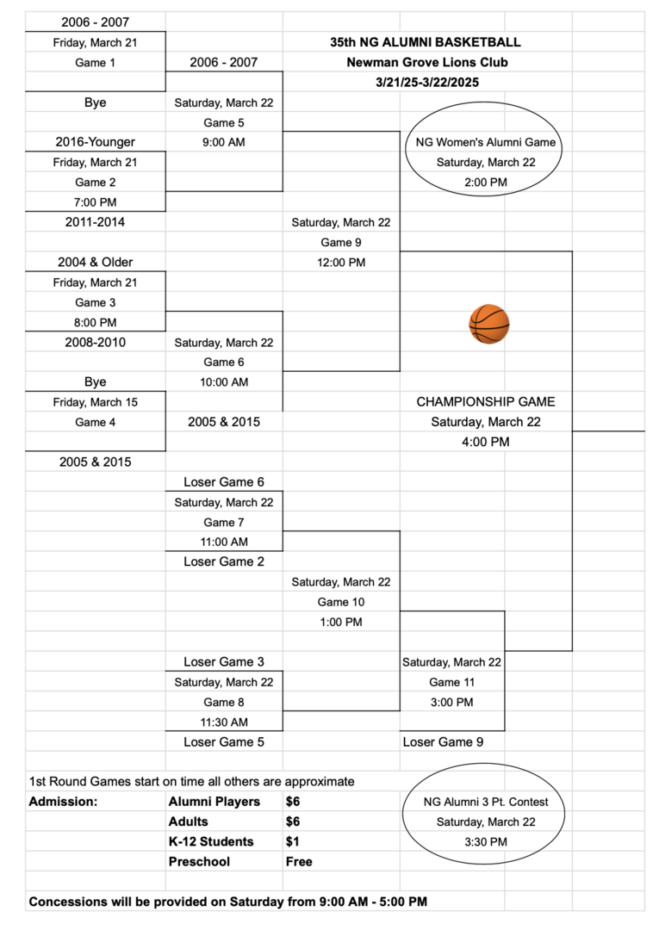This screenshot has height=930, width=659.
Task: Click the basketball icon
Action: [488, 324]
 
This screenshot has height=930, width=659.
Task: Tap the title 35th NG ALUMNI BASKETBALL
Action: [426, 42]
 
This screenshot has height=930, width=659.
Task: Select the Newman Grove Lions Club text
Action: [427, 62]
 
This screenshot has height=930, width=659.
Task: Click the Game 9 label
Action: [341, 242]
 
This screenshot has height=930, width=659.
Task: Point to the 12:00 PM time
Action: [341, 262]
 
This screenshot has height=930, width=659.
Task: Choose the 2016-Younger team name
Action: [95, 142]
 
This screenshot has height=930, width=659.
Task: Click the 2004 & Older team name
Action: [95, 262]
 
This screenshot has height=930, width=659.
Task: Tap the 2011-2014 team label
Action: [95, 222]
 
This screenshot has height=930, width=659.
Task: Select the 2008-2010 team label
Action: [95, 342]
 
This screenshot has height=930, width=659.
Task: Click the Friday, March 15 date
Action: [95, 402]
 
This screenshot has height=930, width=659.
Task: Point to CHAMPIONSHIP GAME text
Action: [486, 401]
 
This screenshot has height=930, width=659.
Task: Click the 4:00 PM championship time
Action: [486, 442]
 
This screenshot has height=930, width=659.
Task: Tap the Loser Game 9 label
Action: [443, 742]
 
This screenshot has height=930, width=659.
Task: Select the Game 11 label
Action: [452, 682]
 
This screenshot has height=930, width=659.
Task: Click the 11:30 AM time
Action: [224, 722]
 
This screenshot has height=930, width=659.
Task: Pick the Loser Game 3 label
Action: [224, 662]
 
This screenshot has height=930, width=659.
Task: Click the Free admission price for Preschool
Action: [299, 862]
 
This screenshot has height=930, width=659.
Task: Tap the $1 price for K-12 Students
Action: [292, 841]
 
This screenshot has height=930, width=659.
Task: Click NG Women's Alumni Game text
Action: [486, 142]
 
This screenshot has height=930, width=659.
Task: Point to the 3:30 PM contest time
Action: [486, 841]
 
